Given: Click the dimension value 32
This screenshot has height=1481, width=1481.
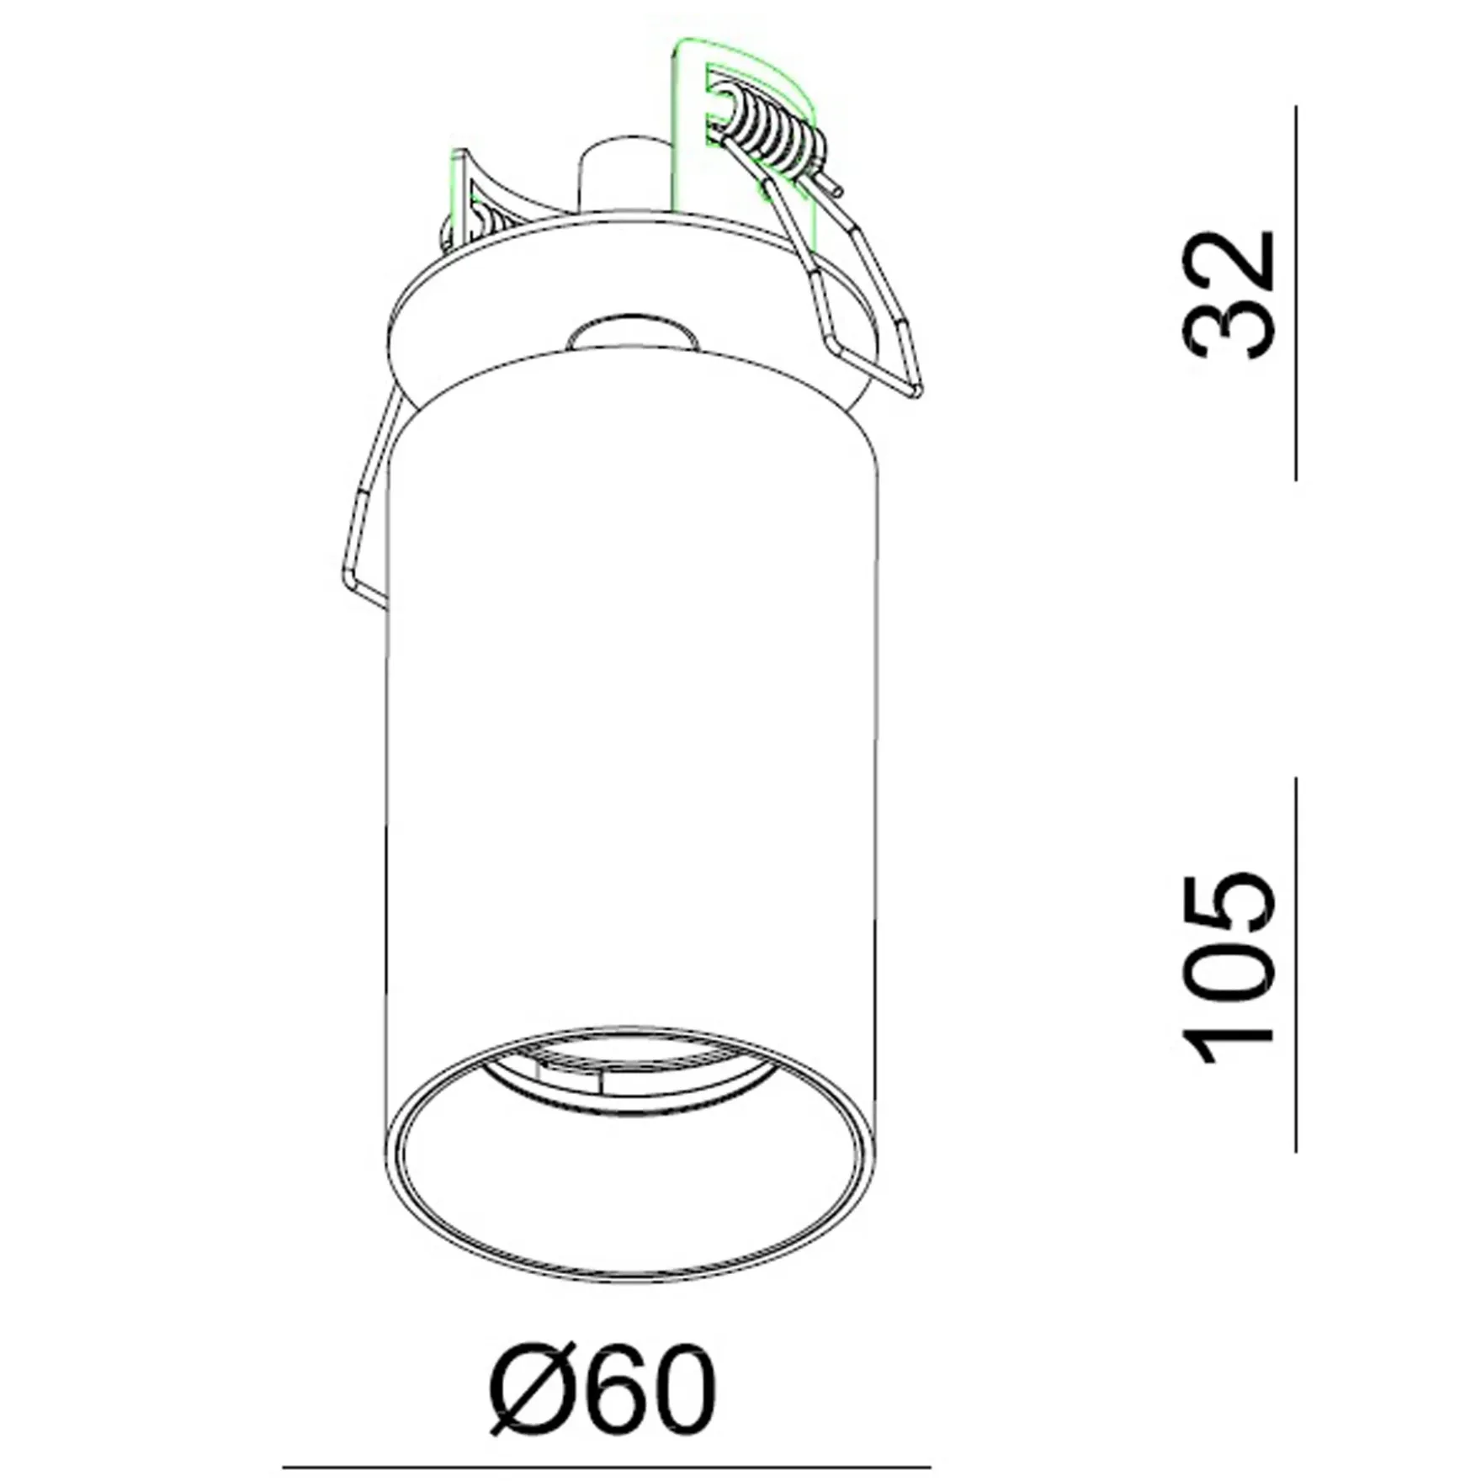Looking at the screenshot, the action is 1229,295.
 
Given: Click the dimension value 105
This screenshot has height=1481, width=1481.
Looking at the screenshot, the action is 1229,969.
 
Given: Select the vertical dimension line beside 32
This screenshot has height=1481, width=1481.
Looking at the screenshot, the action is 1296,293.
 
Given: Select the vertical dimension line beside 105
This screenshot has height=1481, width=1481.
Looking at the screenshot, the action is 1296,964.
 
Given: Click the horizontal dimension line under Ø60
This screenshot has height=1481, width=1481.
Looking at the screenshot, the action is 606,1467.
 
